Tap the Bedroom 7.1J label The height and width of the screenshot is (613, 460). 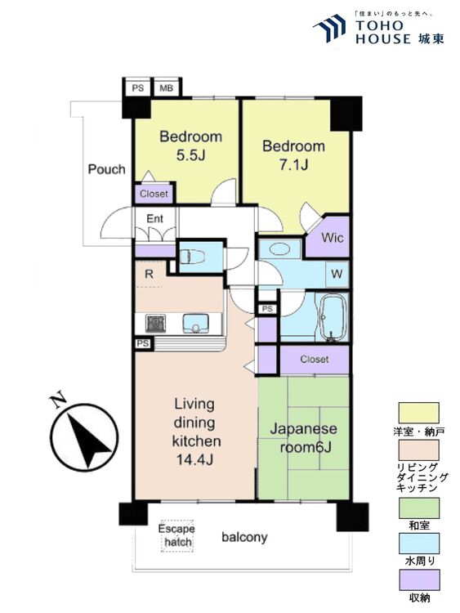(x=293, y=155)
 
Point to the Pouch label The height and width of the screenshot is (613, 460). (x=106, y=169)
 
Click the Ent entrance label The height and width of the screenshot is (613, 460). (x=155, y=218)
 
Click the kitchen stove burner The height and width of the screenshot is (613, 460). (x=156, y=323)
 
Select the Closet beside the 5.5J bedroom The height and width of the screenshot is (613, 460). (x=154, y=194)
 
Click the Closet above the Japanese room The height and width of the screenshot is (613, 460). (x=314, y=359)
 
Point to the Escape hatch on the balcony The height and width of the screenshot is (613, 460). (x=176, y=535)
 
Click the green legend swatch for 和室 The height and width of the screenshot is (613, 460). (x=418, y=508)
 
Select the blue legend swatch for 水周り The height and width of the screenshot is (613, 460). (x=418, y=544)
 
